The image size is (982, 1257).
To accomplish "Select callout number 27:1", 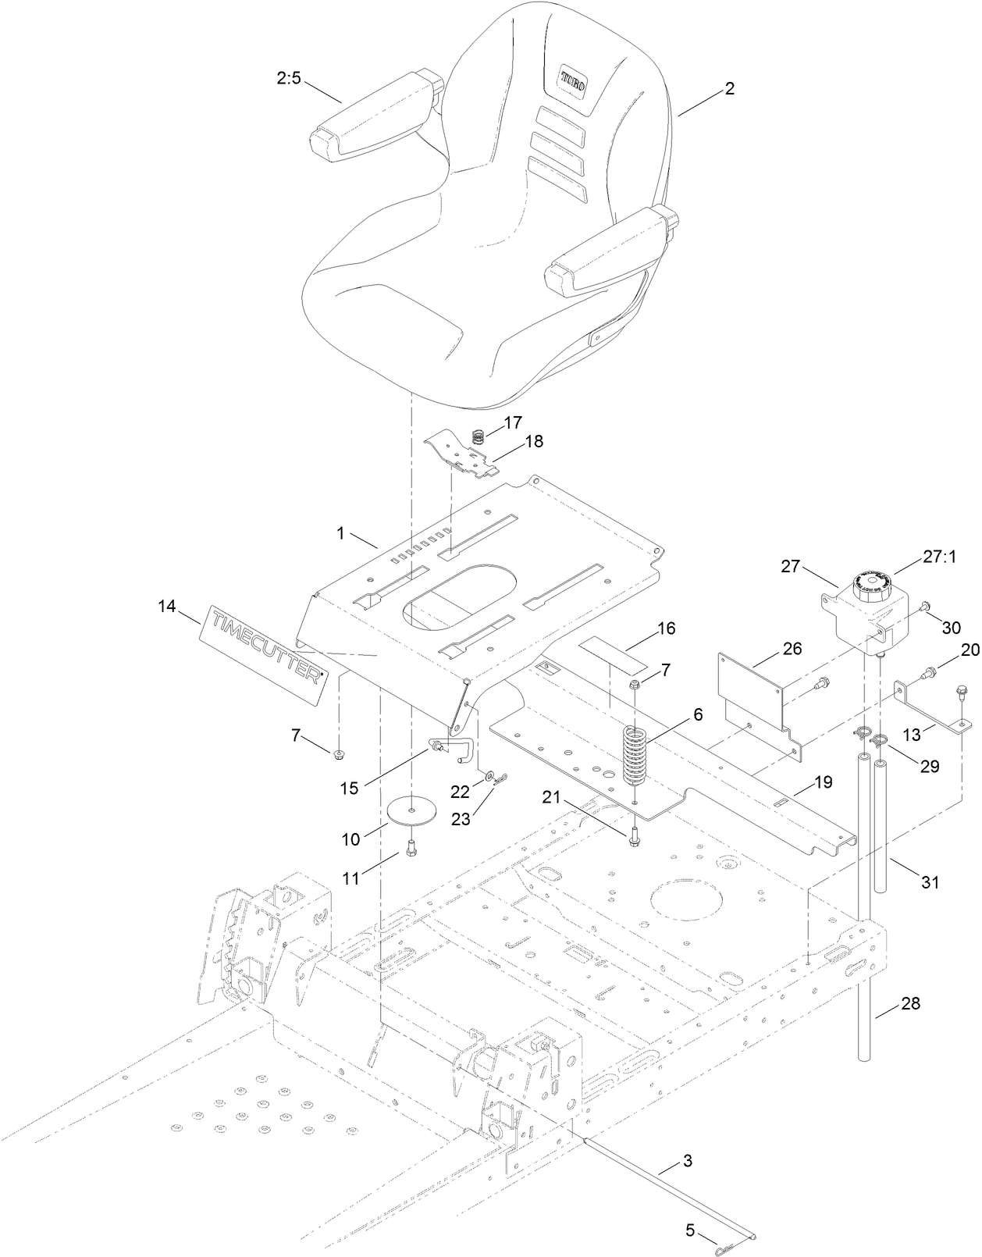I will click(939, 557).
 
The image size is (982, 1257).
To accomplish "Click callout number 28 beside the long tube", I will click(909, 1004).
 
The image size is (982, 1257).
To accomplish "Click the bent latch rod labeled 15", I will click(453, 751).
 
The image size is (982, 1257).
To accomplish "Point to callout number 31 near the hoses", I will click(930, 882).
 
